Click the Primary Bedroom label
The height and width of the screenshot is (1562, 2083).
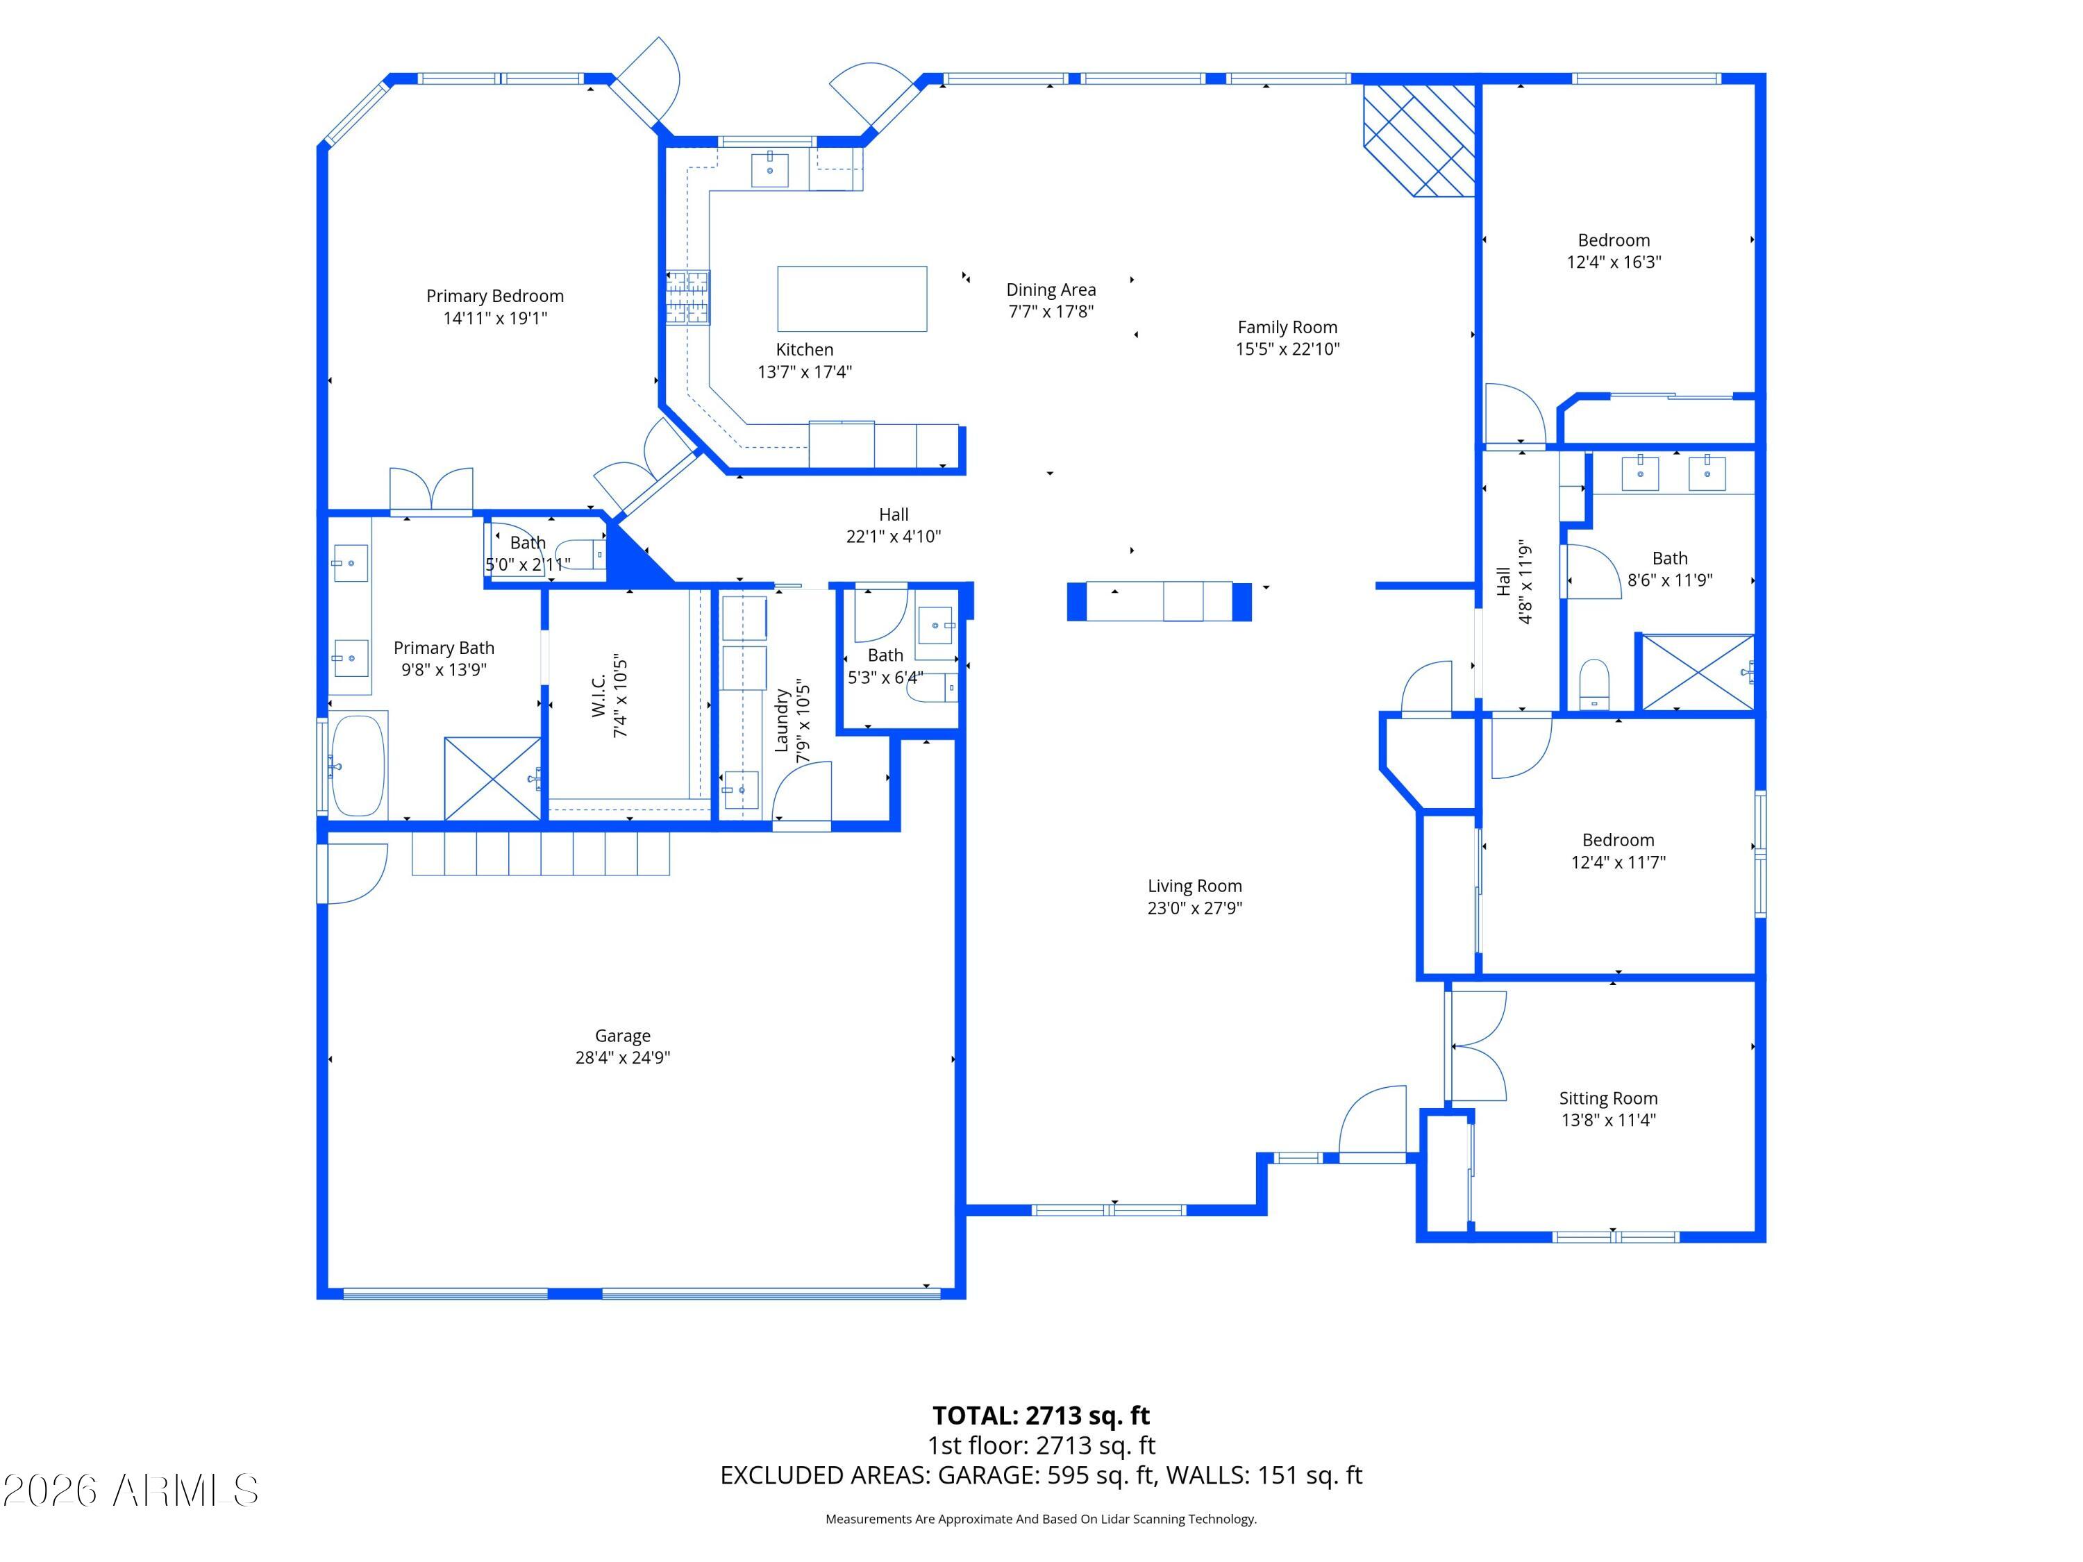494,296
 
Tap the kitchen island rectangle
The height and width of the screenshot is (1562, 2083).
851,299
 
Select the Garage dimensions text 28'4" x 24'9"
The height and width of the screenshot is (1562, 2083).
622,1057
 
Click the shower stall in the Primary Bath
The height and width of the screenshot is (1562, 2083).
492,779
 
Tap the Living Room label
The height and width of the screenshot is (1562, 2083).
1194,886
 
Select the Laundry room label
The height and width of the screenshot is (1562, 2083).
780,721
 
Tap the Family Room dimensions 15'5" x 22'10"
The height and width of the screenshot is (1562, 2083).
1287,348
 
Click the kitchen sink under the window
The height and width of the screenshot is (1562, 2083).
770,169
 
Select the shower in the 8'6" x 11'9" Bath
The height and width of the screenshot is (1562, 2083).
1698,672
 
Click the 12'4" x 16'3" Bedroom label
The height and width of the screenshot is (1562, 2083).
1614,240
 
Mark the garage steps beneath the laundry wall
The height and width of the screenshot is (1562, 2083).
540,853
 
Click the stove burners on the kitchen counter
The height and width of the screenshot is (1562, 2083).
688,298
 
